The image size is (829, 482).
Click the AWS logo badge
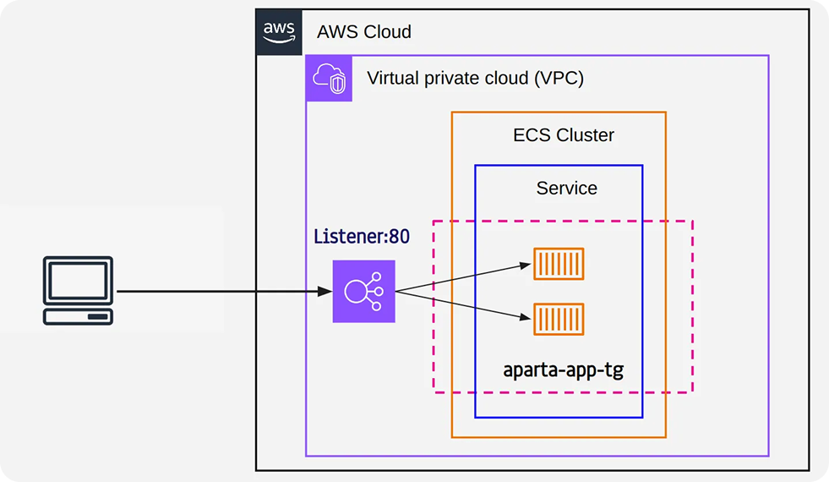(x=279, y=32)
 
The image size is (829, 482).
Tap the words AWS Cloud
(x=363, y=32)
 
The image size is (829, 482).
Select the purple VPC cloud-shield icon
(x=329, y=79)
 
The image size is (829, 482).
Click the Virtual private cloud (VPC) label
(x=475, y=79)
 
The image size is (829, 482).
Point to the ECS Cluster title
(x=564, y=135)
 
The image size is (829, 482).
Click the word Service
(x=567, y=188)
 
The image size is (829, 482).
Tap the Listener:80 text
(x=362, y=237)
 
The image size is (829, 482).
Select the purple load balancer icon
(x=363, y=291)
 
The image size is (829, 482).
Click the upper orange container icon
(x=559, y=264)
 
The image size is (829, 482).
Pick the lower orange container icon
(x=559, y=319)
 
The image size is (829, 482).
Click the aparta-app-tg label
(x=563, y=370)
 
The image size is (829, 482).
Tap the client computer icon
(x=79, y=291)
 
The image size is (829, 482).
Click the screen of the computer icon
(x=79, y=281)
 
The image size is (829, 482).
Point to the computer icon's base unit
(x=79, y=316)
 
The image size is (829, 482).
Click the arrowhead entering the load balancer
(x=325, y=291)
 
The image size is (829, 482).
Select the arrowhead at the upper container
(x=525, y=266)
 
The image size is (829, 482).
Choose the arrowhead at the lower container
(x=525, y=317)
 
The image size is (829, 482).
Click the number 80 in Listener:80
(x=399, y=237)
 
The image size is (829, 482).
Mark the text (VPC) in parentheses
(x=559, y=79)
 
